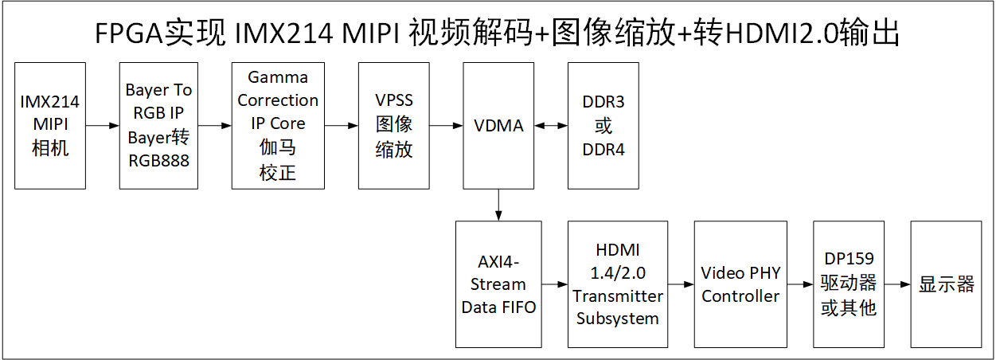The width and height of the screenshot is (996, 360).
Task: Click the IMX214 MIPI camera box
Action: [50, 125]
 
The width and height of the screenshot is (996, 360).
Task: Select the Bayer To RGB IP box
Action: [158, 125]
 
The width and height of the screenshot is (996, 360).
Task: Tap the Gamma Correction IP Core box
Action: [278, 125]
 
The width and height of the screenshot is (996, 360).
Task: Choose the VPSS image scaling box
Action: [394, 125]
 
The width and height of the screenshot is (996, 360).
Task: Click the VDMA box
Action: [498, 125]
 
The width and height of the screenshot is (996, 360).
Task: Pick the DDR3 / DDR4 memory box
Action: [603, 125]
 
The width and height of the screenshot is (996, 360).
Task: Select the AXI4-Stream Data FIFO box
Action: [498, 284]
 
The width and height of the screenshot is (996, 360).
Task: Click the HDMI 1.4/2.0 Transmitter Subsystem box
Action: [618, 284]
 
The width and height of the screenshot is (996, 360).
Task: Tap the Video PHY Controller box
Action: [740, 284]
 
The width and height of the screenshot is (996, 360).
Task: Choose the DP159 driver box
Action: [848, 284]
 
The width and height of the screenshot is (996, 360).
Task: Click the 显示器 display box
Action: [947, 284]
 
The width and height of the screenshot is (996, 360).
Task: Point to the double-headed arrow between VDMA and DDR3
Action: [551, 125]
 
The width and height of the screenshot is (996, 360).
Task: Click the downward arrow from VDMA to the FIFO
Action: [498, 205]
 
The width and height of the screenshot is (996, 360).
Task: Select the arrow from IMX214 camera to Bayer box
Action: [103, 125]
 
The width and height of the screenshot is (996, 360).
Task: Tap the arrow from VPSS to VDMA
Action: [447, 125]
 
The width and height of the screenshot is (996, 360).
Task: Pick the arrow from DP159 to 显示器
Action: [897, 284]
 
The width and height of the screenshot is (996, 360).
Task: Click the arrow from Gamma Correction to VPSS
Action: [342, 125]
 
